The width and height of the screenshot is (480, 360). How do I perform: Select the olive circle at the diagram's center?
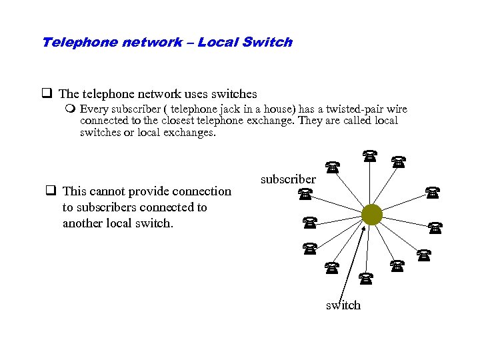tap(371, 215)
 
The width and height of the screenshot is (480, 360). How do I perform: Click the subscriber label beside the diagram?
tap(288, 179)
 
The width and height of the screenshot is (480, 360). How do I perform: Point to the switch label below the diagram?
tap(343, 305)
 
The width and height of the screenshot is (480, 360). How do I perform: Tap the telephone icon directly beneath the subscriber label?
tap(305, 194)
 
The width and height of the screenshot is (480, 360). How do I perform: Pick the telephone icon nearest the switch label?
tap(365, 277)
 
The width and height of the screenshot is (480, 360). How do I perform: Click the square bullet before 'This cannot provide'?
tap(49, 191)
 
